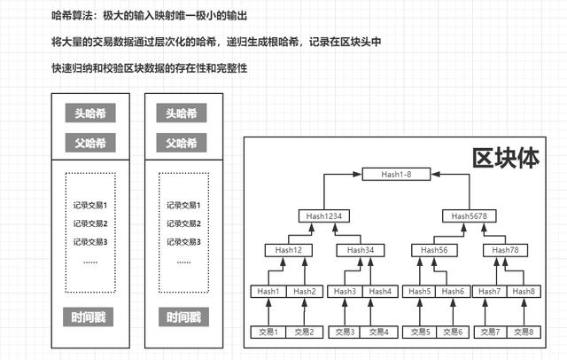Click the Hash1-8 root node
396,174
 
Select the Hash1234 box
324,216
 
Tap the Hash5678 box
469,216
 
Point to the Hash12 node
288,250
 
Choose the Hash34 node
361,250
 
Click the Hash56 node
434,250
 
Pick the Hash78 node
505,250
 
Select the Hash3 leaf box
345,291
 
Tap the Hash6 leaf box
453,291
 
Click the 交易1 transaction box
268,332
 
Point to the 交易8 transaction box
524,332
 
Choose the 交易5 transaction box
420,332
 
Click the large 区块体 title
506,158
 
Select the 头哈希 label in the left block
90,113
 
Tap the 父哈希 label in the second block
182,143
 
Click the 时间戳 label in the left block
89,317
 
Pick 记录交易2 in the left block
90,223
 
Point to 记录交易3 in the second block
183,242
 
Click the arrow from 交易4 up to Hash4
370,311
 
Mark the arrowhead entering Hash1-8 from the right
435,174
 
